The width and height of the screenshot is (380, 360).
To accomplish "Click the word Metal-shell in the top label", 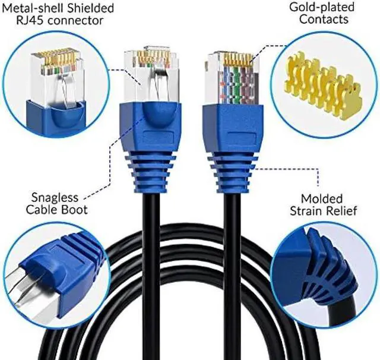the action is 29,8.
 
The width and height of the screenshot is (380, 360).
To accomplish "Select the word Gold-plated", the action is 322,8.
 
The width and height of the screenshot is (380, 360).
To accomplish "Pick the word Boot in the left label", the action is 74,210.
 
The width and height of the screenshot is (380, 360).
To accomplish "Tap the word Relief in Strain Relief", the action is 341,211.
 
